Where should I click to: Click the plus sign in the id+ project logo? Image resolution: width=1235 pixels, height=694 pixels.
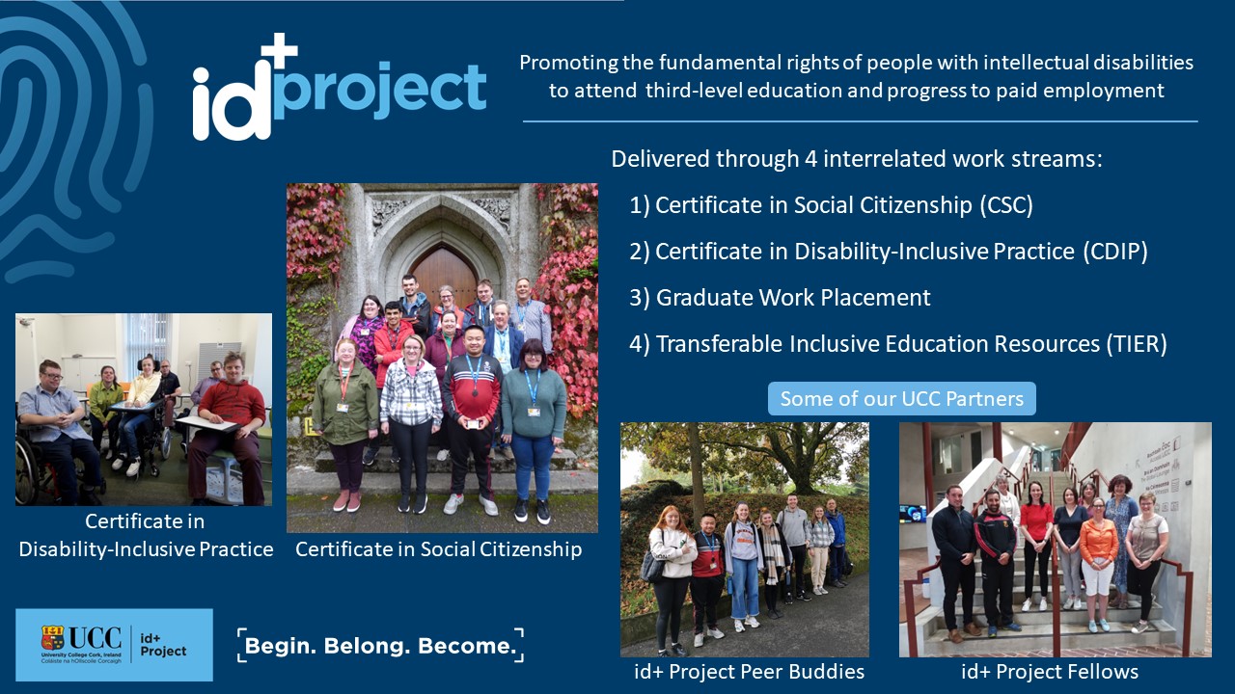pyautogui.click(x=280, y=52)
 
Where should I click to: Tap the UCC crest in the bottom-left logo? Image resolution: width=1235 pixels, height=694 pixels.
pyautogui.click(x=52, y=638)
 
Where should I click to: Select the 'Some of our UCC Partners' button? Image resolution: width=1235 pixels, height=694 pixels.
pyautogui.click(x=902, y=398)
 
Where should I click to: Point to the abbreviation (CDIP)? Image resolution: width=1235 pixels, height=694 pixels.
pyautogui.click(x=1114, y=252)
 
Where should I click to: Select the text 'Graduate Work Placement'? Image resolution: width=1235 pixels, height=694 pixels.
pyautogui.click(x=793, y=298)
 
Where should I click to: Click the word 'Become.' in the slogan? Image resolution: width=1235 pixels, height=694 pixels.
pyautogui.click(x=466, y=646)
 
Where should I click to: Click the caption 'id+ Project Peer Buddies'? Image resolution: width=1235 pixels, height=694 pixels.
pyautogui.click(x=750, y=672)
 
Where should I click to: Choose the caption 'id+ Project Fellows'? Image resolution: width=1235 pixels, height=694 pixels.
pyautogui.click(x=1050, y=672)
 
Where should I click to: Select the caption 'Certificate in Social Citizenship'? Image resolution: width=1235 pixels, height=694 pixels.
pyautogui.click(x=439, y=549)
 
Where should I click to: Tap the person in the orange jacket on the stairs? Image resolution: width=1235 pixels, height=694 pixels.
pyautogui.click(x=1098, y=564)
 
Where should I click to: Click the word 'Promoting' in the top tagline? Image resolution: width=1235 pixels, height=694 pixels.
pyautogui.click(x=568, y=63)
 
